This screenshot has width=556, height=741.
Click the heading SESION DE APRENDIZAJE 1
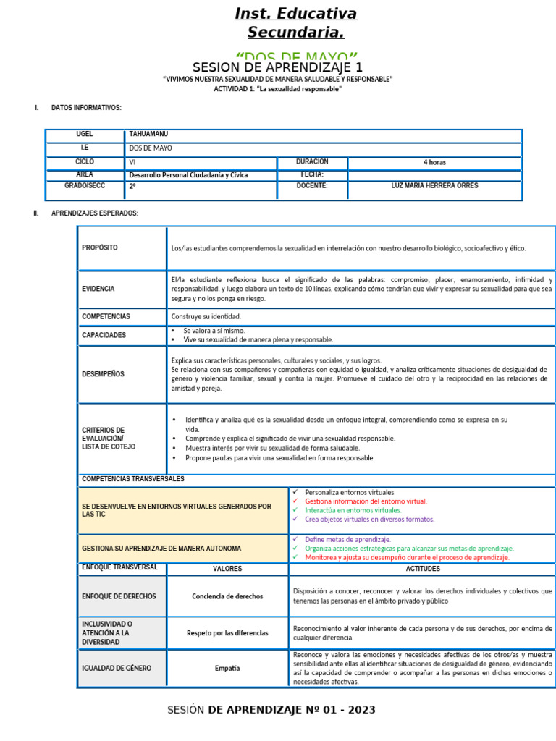click(277, 67)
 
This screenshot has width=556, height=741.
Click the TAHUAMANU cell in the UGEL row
click(148, 134)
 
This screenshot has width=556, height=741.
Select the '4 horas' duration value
click(434, 162)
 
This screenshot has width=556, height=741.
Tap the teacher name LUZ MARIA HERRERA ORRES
click(434, 186)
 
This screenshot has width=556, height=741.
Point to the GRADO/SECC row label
click(85, 186)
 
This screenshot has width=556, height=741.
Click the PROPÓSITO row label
click(100, 247)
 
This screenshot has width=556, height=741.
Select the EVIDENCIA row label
click(98, 288)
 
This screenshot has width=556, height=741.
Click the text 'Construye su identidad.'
click(206, 316)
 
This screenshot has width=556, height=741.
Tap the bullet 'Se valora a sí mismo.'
click(214, 330)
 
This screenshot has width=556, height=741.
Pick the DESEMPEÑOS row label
click(103, 374)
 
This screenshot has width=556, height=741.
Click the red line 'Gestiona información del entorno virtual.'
click(366, 501)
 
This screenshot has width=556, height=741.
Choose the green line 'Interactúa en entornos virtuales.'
click(353, 510)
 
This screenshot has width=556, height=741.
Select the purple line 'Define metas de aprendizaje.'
click(347, 539)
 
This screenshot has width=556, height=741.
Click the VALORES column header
click(227, 569)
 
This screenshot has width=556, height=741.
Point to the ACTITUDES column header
click(422, 569)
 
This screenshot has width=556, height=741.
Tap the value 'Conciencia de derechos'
click(227, 596)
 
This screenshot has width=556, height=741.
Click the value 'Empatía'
click(227, 668)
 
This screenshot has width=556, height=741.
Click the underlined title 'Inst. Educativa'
click(295, 14)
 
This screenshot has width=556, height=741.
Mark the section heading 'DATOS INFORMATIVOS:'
click(86, 108)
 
